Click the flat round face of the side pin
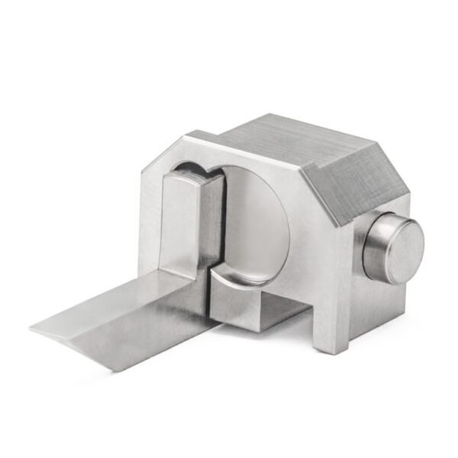pos(398,248)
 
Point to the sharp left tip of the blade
pos(32,328)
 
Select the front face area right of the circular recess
pos(305,229)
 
